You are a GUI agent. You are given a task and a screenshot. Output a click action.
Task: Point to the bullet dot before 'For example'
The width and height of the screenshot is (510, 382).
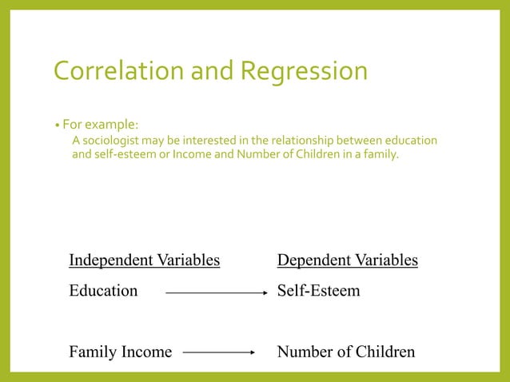tap(57, 125)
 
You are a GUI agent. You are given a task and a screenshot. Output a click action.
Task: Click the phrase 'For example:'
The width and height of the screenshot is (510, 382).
tap(101, 125)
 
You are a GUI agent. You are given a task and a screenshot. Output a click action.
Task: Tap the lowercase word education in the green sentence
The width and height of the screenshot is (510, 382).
tap(410, 141)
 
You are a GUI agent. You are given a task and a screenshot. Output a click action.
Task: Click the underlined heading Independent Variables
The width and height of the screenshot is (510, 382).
tap(144, 261)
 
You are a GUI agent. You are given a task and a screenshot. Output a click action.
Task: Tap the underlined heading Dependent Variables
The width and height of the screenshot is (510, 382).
tap(347, 261)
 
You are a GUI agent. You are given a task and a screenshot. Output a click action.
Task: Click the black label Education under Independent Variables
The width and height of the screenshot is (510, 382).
tap(103, 291)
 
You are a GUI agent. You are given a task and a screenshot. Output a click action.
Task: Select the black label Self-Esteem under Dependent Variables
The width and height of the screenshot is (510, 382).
tap(318, 291)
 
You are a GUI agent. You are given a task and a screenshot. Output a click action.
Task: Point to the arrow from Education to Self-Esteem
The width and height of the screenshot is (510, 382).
tap(216, 293)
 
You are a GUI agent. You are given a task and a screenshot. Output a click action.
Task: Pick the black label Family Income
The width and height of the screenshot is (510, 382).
tap(120, 352)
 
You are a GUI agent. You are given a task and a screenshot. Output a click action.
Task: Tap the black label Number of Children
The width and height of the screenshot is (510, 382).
tap(345, 352)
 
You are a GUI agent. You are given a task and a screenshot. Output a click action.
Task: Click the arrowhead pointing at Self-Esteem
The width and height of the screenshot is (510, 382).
tap(264, 293)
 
